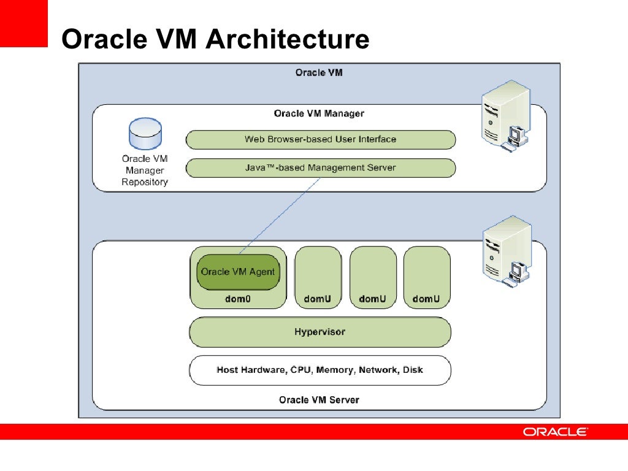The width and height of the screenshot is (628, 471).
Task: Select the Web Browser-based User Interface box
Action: [320, 139]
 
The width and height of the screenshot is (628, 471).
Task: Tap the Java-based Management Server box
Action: [320, 167]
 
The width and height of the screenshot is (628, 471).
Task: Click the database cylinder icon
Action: [145, 135]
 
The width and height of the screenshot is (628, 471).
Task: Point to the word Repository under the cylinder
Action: [145, 182]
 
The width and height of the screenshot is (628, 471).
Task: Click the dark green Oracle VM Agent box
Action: [238, 272]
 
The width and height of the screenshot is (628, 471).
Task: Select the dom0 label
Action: [238, 299]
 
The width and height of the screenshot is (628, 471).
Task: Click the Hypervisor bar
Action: [320, 332]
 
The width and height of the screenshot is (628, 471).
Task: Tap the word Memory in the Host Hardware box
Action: [335, 370]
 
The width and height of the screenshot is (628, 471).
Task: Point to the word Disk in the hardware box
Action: [413, 370]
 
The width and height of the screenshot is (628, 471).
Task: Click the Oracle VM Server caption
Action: [319, 400]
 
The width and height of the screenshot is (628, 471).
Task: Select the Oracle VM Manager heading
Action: [319, 113]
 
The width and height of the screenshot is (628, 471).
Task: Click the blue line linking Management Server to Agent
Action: [279, 215]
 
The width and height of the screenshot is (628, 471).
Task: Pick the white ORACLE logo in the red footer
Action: [555, 432]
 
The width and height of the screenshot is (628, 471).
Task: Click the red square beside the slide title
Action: [23, 23]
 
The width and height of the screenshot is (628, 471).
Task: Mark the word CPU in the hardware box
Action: [301, 370]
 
